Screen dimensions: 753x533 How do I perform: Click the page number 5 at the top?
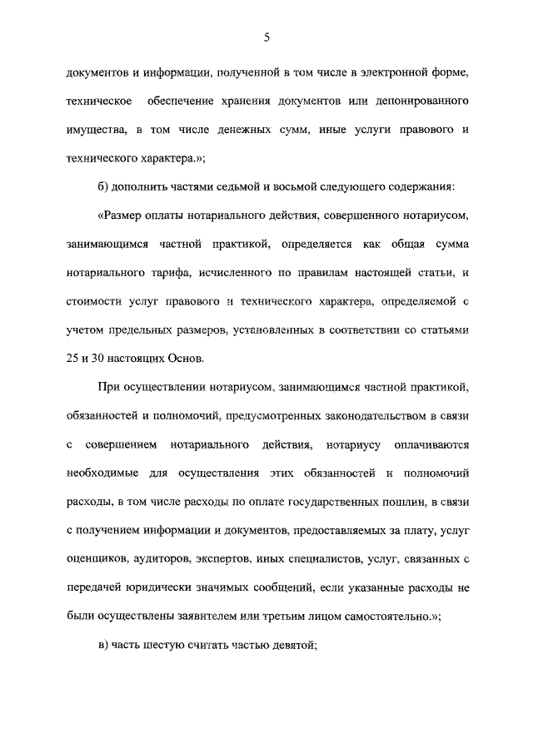click(x=266, y=37)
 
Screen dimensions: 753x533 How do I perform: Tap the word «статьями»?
click(x=436, y=330)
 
